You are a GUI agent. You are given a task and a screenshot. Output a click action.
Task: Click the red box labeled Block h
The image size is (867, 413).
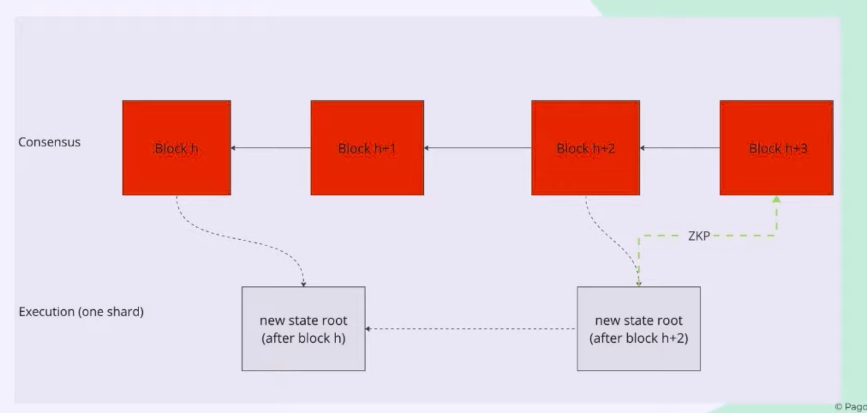coord(176,148)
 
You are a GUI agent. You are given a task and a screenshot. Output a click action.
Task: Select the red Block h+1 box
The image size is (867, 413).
coord(367,148)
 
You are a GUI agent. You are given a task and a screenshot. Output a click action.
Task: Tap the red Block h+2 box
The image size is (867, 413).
coord(585,148)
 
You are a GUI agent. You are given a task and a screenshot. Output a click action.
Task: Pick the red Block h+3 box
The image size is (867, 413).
coord(776,148)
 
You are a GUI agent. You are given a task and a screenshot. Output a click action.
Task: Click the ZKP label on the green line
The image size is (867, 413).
coord(699,236)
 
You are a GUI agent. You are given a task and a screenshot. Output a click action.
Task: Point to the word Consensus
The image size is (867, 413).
coord(49,142)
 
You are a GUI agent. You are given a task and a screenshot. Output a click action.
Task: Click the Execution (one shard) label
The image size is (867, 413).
coord(81,311)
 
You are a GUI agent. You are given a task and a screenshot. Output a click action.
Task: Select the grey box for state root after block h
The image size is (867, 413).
coord(303,329)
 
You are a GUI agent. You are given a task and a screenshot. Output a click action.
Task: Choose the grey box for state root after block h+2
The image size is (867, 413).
coord(638,329)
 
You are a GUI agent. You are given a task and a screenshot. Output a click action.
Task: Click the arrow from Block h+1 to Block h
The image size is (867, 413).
coord(271,148)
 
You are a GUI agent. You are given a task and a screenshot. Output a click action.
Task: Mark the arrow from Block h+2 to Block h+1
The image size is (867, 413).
coord(478,148)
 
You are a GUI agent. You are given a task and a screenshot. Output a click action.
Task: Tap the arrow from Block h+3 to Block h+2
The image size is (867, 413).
coord(680,148)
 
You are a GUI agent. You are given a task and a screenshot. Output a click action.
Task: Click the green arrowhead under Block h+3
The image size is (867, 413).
coord(776,200)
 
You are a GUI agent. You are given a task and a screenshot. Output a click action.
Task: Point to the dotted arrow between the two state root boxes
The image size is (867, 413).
coord(471,329)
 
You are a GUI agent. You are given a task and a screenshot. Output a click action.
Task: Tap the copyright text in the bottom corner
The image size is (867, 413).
coord(850,407)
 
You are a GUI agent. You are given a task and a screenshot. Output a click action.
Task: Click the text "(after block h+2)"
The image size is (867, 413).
coord(638,338)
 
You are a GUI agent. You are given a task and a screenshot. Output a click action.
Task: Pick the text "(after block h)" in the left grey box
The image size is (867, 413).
coord(303,338)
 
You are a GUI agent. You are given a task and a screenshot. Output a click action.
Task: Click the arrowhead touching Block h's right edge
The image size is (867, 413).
coord(233,148)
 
